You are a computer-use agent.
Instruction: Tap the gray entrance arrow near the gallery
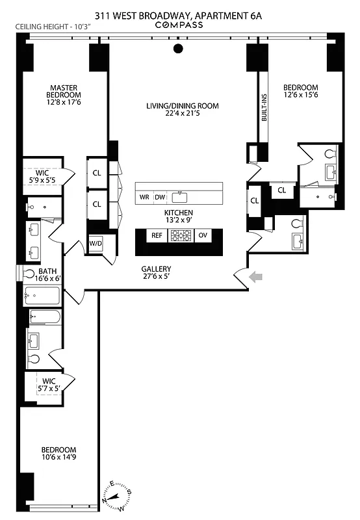click(258, 278)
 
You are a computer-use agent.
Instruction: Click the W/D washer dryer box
click(96, 243)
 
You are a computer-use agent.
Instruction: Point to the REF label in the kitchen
click(157, 235)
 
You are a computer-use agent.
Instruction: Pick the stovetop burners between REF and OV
click(180, 235)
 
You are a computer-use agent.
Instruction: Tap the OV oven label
click(203, 235)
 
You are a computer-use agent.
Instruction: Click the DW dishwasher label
click(160, 197)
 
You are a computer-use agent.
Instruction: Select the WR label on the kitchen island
click(144, 197)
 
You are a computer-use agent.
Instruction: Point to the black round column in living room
click(179, 48)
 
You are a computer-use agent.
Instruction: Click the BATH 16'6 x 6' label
click(48, 276)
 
